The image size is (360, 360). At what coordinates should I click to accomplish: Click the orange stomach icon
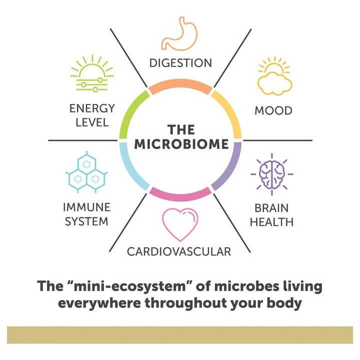pos(180,35)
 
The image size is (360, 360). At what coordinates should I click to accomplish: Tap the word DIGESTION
pos(180,63)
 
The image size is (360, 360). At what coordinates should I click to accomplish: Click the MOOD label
pos(273,110)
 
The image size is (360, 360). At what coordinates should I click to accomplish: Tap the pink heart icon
pos(180,224)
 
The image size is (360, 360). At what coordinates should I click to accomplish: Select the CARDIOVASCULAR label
pos(179,251)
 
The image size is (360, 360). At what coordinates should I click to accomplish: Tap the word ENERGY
pos(92,108)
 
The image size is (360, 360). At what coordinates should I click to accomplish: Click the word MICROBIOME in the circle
pos(181,144)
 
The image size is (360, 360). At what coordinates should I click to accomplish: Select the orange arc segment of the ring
pos(180,86)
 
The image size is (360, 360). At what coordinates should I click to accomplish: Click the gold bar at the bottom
pos(180,335)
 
